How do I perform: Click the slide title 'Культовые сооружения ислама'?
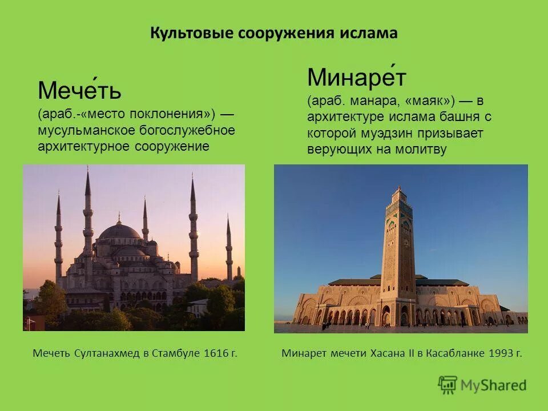[x=273, y=33]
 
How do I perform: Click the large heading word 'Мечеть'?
[x=79, y=90]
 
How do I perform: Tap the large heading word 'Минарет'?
[x=356, y=77]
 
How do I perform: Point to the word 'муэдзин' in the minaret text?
[x=400, y=134]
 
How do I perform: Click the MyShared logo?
[x=482, y=385]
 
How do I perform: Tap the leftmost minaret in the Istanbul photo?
[x=58, y=240]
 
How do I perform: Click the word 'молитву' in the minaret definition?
[x=424, y=150]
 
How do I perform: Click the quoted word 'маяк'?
[x=430, y=101]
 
